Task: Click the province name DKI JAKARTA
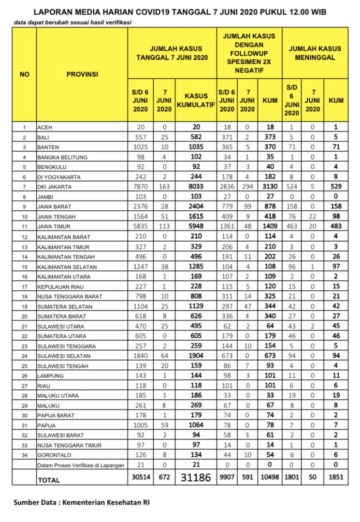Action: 55,187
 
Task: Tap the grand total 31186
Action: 196,478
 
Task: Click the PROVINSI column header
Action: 82,74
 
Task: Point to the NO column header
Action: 24,74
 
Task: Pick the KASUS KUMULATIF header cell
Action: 196,100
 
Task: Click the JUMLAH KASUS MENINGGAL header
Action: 315,53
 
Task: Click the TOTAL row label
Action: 49,480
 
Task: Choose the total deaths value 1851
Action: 336,478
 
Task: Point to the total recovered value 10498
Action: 270,478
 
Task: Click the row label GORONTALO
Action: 53,455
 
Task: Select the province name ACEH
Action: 45,128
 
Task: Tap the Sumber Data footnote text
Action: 82,503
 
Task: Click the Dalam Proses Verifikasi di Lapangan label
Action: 81,465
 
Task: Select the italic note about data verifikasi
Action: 72,22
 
